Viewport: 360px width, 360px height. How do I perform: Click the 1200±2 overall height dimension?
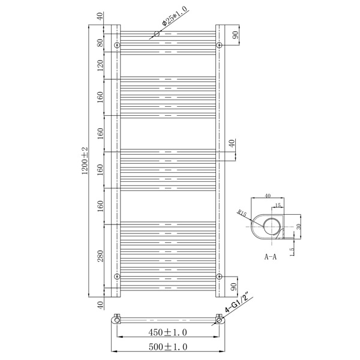tap(85, 161)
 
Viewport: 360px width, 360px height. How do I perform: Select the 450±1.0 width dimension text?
tap(167, 332)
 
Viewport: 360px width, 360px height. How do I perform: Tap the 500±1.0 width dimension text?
tap(168, 347)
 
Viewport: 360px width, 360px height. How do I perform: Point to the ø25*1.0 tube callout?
tap(174, 16)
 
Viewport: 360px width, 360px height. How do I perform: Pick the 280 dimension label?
tap(101, 256)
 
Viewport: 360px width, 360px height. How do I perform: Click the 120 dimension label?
tap(101, 65)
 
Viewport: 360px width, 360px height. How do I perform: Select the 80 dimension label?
tap(101, 43)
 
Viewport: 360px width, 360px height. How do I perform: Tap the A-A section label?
tap(271, 256)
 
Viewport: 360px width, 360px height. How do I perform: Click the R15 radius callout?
tap(242, 214)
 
